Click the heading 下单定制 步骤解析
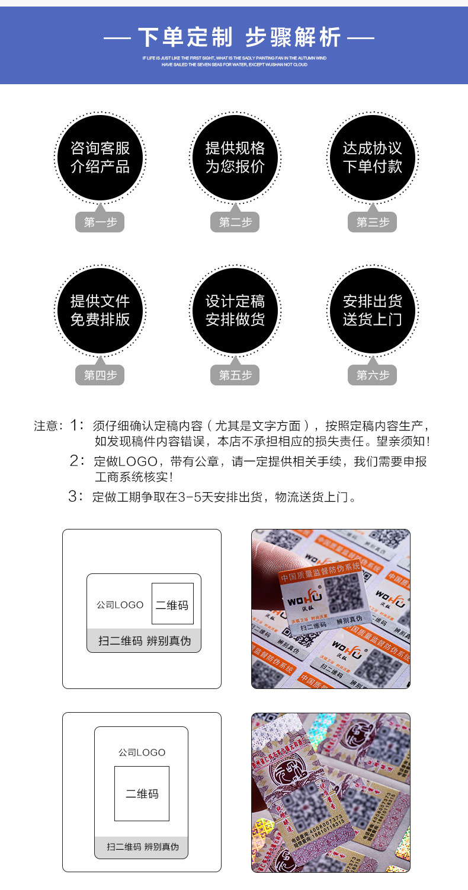[x=239, y=37]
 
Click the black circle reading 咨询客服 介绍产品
[x=100, y=157]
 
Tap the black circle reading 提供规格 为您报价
[x=235, y=157]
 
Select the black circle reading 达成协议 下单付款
[x=373, y=157]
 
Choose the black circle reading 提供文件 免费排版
[x=100, y=310]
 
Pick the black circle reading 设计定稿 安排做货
[x=235, y=310]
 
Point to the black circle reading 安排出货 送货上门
[x=373, y=310]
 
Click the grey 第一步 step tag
[x=100, y=222]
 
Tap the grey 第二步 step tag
[x=235, y=222]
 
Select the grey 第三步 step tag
[x=373, y=222]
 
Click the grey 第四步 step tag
[x=100, y=375]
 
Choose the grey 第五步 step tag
[x=235, y=375]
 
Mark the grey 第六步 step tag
[x=373, y=375]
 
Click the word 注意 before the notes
[x=46, y=426]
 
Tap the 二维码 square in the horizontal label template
[x=172, y=604]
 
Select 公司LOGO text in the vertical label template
[x=142, y=752]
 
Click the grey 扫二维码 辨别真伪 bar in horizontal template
[x=144, y=640]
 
